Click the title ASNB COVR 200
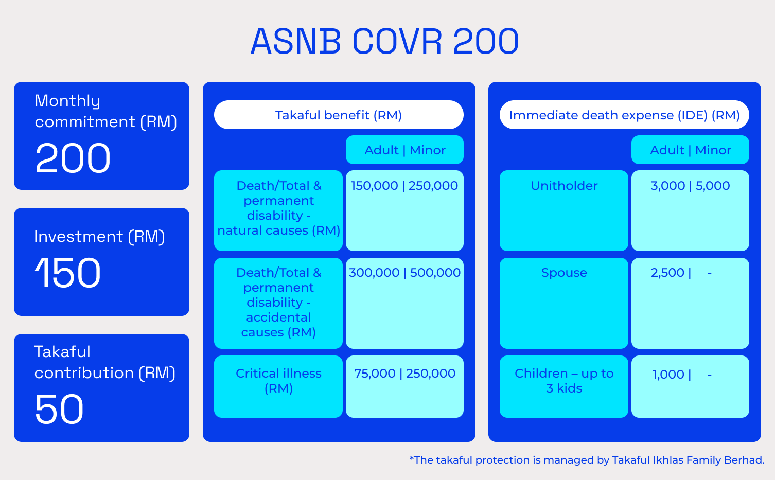pos(385,42)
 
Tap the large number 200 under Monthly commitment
pos(73,158)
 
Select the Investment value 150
pos(68,273)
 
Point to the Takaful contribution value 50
pos(59,409)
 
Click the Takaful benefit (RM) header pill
pos(339,115)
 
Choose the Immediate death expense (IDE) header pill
pos(624,115)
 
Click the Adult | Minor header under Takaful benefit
pos(404,150)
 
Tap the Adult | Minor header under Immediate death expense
pos(690,150)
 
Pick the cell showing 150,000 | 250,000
pos(404,186)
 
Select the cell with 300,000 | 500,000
pos(404,273)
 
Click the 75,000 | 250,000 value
pos(404,374)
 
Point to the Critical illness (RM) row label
pos(278,381)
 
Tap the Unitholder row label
pos(564,186)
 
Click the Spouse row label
pos(564,273)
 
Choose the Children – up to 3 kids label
pos(564,381)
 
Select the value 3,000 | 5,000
pos(690,186)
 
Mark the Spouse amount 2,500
pos(667,273)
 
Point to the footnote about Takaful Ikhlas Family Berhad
pos(587,460)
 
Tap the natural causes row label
pos(278,208)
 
